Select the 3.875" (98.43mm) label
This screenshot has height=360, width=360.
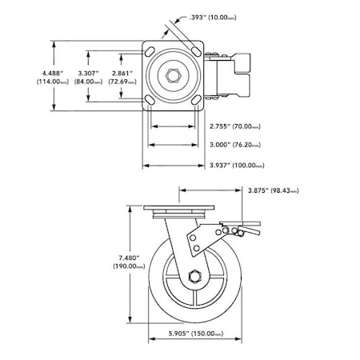pyautogui.click(x=274, y=191)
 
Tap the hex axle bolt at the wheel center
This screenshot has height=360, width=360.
pyautogui.click(x=195, y=278)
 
